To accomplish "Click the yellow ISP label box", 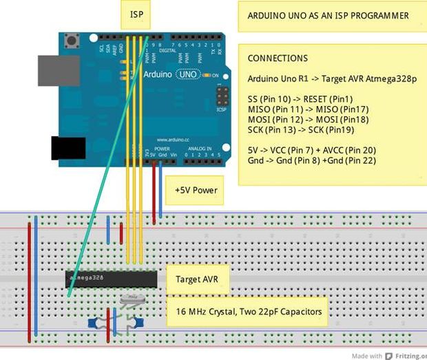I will (138, 14).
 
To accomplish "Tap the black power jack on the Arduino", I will (68, 148).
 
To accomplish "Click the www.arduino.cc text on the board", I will (172, 139).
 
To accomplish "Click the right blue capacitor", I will (138, 321).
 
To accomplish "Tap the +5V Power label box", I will (196, 190).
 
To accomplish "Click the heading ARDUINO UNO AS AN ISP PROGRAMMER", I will (328, 16).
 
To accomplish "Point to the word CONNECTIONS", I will (278, 59).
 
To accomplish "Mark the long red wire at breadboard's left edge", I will (29, 282).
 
